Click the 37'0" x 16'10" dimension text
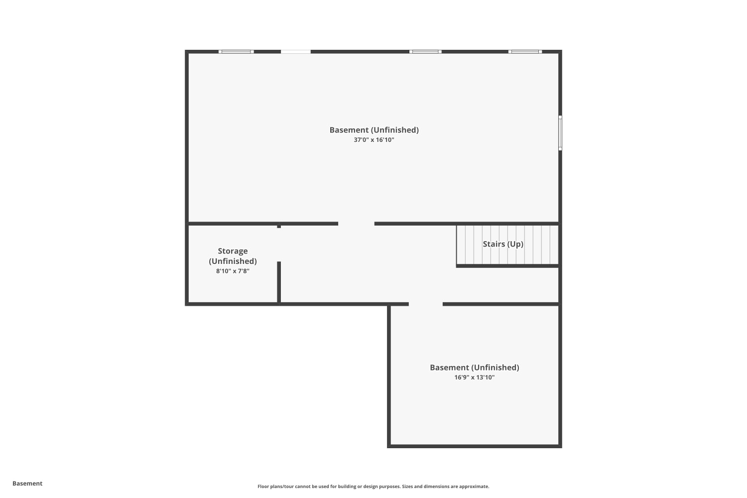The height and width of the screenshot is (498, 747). [374, 140]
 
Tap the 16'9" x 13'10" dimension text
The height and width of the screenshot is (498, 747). [474, 377]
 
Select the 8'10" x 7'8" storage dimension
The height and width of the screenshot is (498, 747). [233, 271]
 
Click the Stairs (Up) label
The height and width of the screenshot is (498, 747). [503, 244]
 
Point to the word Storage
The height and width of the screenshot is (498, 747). [233, 251]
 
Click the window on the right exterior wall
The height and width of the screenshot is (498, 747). [560, 133]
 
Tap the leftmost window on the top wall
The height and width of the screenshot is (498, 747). [236, 52]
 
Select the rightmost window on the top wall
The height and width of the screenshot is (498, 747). [525, 52]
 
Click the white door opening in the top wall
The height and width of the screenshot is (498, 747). [296, 52]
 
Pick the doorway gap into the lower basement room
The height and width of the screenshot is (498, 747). [426, 304]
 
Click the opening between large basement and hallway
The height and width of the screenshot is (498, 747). [356, 224]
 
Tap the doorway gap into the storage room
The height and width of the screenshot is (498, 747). [279, 245]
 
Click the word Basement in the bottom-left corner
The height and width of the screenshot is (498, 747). [27, 484]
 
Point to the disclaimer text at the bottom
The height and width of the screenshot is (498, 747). [373, 487]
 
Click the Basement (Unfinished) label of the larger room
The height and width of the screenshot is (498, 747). [374, 130]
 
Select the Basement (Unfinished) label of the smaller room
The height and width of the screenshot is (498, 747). [474, 368]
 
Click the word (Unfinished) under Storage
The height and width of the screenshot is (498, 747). [233, 261]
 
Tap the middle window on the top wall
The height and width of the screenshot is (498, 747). [425, 52]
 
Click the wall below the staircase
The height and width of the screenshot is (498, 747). [507, 266]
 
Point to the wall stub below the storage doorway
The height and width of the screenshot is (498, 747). [279, 282]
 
